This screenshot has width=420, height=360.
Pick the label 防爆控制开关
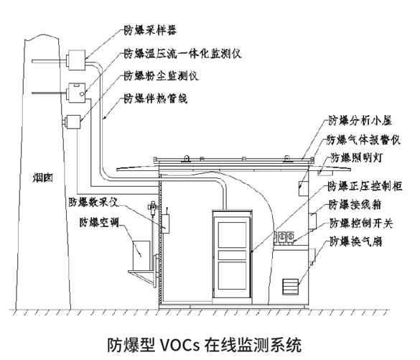360,223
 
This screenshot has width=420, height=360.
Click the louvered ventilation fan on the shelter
292,285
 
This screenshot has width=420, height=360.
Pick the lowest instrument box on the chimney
73,124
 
